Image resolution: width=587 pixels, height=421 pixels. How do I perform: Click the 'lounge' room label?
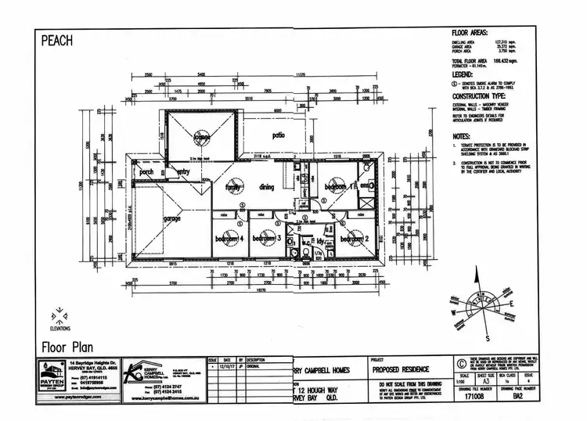pos(203,137)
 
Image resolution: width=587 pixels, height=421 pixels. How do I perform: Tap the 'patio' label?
pos(278,135)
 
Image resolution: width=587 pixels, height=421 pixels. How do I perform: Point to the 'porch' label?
pos(146,172)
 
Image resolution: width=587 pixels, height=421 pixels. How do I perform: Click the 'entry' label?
pos(184,172)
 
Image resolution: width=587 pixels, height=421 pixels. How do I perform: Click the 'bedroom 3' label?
pos(268,238)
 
